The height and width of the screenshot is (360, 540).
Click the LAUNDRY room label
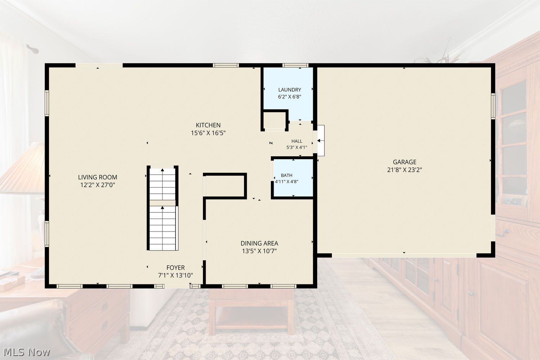click(289, 90)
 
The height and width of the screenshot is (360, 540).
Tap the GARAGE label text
click(405, 162)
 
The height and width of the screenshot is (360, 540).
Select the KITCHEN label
click(208, 125)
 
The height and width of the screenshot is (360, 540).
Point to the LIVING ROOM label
click(98, 177)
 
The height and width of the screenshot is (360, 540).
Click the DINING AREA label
click(260, 243)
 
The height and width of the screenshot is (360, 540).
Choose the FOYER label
click(176, 267)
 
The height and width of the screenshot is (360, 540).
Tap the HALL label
click(297, 141)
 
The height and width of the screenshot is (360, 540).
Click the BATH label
click(287, 175)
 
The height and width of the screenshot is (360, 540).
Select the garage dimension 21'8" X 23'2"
click(405, 170)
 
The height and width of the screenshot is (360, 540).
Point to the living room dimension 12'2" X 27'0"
click(98, 185)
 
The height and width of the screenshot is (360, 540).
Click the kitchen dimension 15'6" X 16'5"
click(208, 133)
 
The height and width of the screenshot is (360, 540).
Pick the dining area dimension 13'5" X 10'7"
click(260, 251)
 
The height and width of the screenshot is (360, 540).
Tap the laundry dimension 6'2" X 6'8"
click(289, 97)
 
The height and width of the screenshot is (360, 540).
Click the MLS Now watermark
click(27, 352)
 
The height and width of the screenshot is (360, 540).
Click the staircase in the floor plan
click(163, 208)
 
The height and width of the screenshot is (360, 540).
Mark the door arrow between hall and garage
click(320, 140)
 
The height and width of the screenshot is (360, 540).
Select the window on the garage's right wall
click(493, 106)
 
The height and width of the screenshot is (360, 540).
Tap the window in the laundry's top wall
click(295, 65)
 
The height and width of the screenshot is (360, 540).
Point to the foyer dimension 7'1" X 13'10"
click(176, 275)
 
